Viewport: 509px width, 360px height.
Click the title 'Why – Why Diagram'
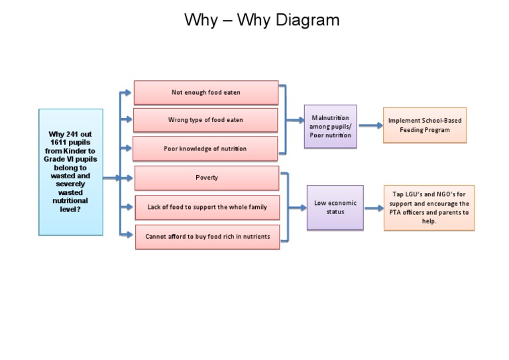point(262,21)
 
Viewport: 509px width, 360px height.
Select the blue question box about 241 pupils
point(71,172)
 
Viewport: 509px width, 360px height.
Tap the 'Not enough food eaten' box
point(205,93)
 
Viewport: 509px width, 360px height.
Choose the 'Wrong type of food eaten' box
point(205,121)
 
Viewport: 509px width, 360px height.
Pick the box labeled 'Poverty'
point(207,178)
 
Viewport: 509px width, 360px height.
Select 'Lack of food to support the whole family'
point(207,207)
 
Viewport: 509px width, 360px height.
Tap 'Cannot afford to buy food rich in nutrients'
point(207,236)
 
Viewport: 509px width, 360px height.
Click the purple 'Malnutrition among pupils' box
point(330,126)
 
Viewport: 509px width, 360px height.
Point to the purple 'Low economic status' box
point(335,208)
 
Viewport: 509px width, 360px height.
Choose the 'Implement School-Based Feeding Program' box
point(424,125)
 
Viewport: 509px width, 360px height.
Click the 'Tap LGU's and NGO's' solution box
point(429,208)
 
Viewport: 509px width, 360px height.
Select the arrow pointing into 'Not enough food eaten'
point(126,93)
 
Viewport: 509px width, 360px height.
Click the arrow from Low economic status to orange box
point(374,208)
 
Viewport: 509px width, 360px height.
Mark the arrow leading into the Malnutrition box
point(296,121)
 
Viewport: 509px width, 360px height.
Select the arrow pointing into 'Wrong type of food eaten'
point(126,120)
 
